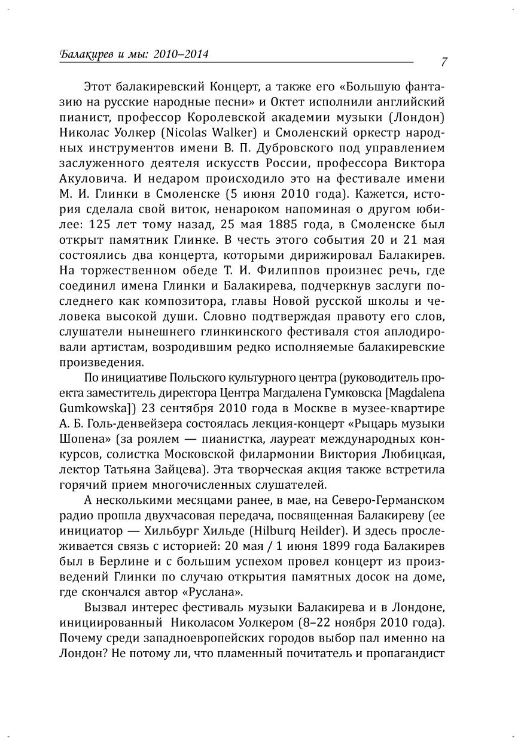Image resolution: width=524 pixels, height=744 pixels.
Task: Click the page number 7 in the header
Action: tap(444, 62)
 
